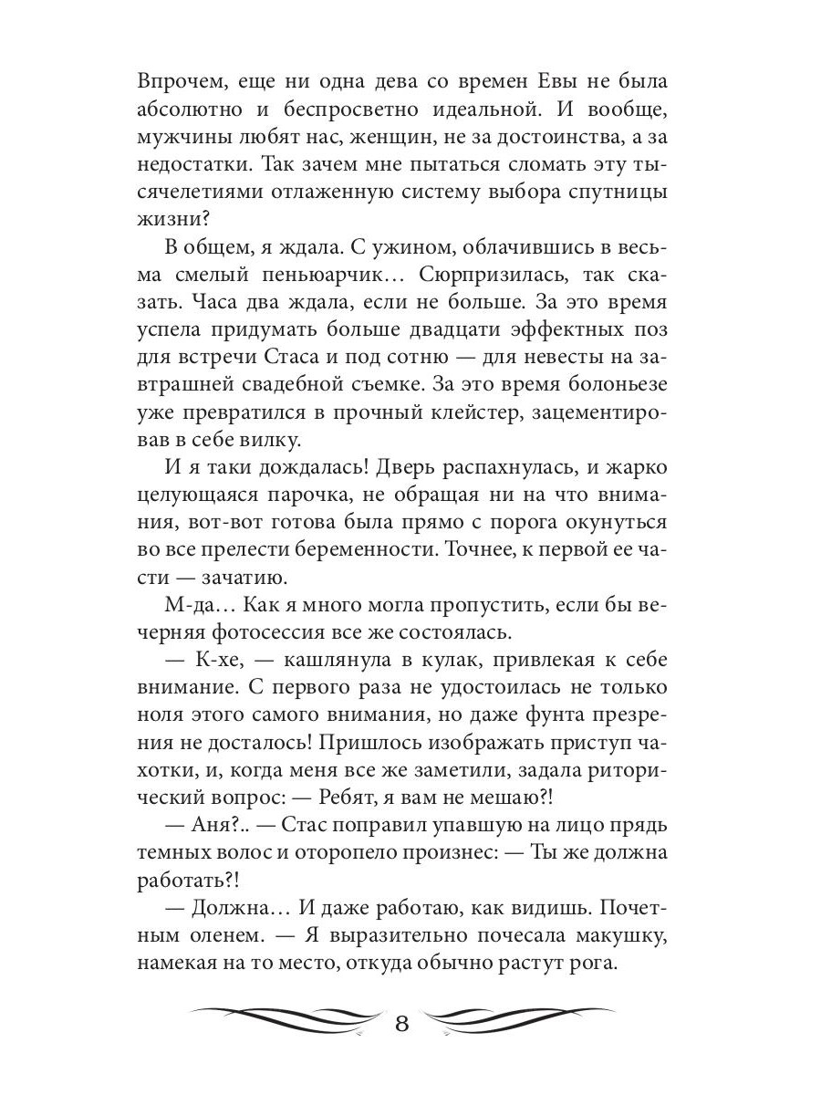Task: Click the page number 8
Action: (x=403, y=1019)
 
